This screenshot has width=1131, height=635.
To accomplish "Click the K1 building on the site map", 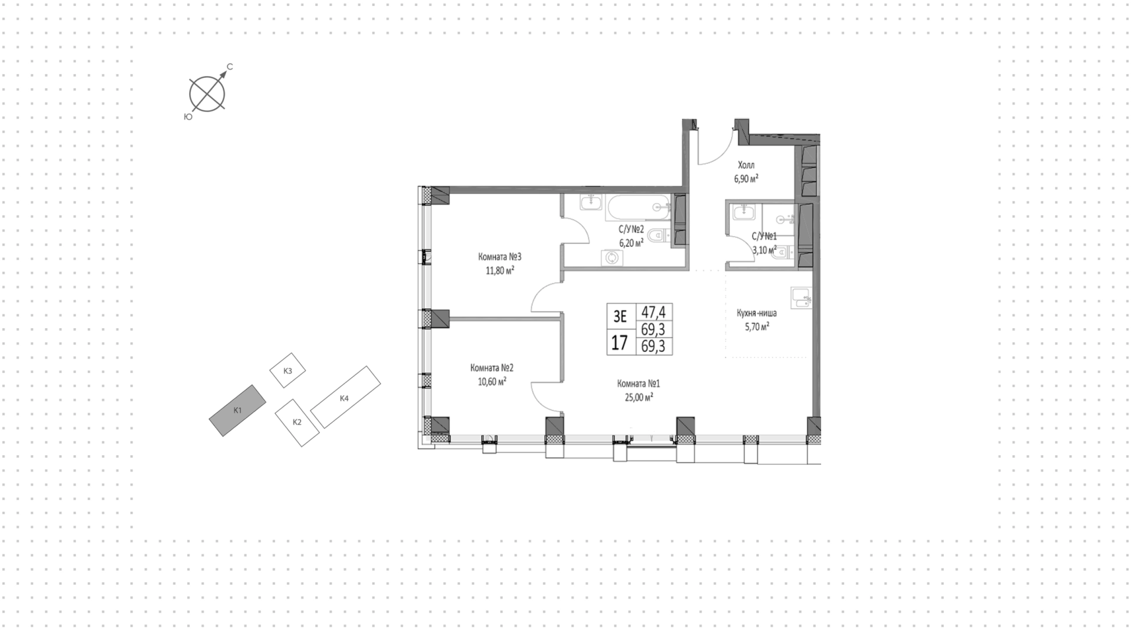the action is click(x=237, y=411).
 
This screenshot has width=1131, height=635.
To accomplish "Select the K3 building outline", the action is click(x=288, y=371).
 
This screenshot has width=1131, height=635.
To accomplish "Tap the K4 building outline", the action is click(x=345, y=397).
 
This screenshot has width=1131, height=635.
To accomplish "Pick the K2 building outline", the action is click(x=297, y=422).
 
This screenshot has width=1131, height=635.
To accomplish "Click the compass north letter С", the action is click(x=230, y=67).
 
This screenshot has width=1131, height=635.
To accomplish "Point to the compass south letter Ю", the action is click(x=188, y=117).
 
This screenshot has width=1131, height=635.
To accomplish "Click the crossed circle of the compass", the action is click(x=207, y=94).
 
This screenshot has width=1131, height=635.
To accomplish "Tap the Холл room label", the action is click(x=746, y=165).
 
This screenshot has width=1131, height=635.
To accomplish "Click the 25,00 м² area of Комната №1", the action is click(x=639, y=398).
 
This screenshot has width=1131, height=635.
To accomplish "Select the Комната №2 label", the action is click(x=492, y=368).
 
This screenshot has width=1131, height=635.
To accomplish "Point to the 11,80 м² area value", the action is click(x=500, y=271).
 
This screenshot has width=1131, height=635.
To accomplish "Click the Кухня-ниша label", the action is click(x=756, y=313).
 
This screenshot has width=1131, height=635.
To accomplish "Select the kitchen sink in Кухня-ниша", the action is click(x=802, y=298).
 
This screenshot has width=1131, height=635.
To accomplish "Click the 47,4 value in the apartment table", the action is click(x=653, y=312).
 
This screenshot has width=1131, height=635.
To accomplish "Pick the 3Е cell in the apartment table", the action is click(x=620, y=316).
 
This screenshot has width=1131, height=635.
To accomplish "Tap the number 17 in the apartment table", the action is click(x=619, y=343).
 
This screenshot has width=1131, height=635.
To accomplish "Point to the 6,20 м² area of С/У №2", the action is click(x=630, y=242).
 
